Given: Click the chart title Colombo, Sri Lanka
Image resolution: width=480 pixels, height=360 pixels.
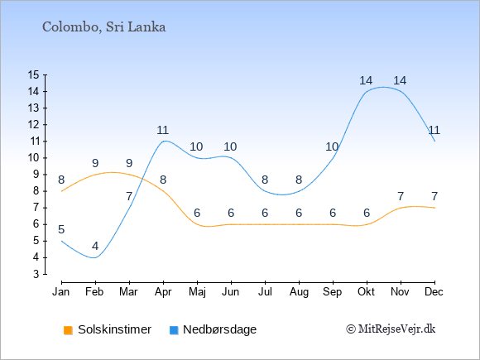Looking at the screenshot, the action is [x=103, y=27].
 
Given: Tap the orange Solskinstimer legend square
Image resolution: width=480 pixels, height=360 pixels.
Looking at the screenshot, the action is [x=68, y=330].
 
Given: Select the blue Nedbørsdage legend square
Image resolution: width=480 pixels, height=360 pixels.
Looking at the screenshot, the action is [x=174, y=330].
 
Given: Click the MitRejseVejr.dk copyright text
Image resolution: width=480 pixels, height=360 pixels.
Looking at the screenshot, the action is [x=391, y=329].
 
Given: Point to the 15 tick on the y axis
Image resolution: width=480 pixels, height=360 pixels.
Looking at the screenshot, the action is [x=34, y=74].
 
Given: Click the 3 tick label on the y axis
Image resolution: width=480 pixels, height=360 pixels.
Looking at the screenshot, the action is [x=36, y=274].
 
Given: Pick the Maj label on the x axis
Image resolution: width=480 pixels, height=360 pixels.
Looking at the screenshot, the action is [x=197, y=292].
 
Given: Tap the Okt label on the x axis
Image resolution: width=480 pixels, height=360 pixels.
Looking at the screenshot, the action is [x=366, y=292].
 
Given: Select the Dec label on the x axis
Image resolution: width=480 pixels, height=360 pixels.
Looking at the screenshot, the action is [x=434, y=292].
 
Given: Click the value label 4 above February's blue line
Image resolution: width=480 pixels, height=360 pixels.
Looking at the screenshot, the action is [x=95, y=246].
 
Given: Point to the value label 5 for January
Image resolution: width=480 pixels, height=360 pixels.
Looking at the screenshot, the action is [x=61, y=229].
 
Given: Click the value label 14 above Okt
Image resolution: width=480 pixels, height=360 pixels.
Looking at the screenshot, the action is [x=366, y=80].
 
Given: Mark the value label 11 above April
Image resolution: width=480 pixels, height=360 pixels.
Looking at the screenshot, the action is [x=162, y=130].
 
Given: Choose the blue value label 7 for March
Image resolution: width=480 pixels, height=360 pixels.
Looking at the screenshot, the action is [x=129, y=196].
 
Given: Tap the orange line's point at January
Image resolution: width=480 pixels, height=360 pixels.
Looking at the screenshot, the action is [x=62, y=191].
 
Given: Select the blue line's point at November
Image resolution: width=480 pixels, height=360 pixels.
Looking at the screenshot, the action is [x=401, y=92].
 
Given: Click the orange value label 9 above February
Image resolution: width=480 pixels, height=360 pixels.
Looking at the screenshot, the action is [x=95, y=163].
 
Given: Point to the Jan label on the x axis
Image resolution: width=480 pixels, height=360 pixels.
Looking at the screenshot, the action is [x=61, y=292].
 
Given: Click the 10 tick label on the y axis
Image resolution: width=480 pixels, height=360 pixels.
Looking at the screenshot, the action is [x=34, y=158].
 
